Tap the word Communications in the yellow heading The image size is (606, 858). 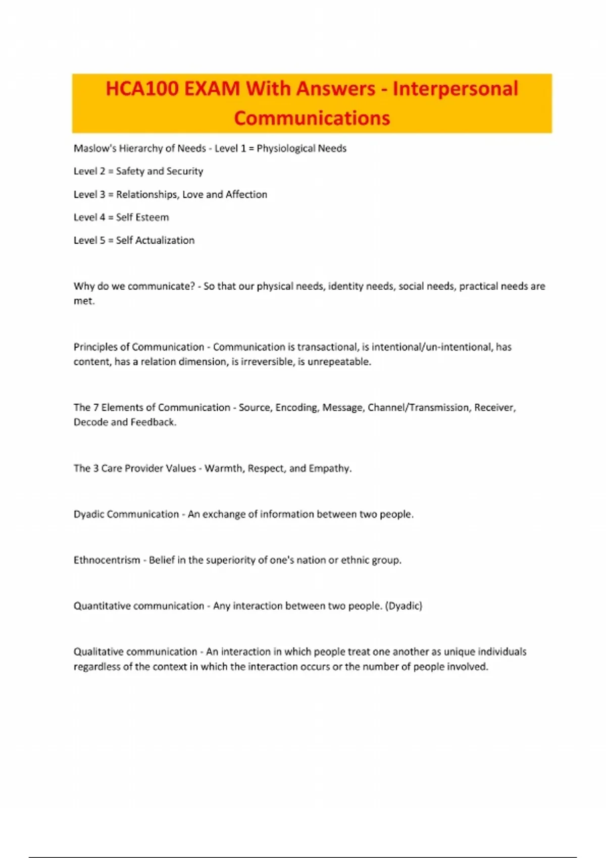coord(312,118)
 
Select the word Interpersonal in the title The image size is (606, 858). coord(455,89)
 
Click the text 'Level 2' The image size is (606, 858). coord(89,171)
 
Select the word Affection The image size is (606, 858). coord(246,194)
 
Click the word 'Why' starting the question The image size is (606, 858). coord(84,286)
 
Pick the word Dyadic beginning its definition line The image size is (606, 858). coord(89,514)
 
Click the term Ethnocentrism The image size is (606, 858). coord(107,560)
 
